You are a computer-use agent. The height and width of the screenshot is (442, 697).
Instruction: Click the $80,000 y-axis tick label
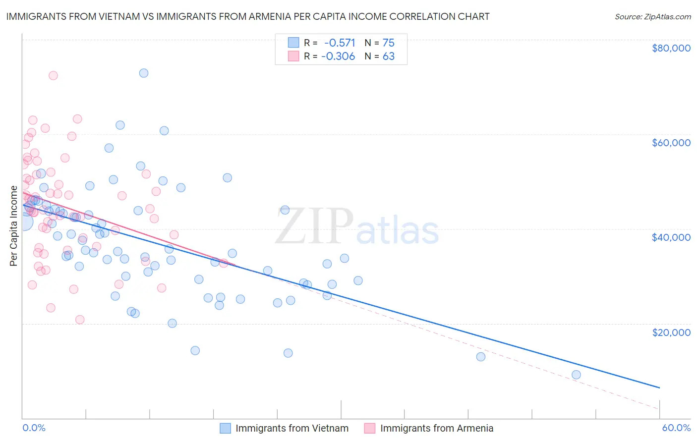click(x=671, y=48)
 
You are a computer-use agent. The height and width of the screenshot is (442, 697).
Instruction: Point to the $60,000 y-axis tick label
click(x=671, y=143)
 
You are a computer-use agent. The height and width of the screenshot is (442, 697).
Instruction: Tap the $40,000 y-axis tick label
click(x=671, y=237)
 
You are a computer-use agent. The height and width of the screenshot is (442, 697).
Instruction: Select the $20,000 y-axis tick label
click(x=671, y=332)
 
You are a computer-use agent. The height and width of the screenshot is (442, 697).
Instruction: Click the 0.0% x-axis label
click(x=34, y=428)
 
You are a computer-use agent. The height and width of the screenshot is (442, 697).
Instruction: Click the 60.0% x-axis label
click(x=676, y=428)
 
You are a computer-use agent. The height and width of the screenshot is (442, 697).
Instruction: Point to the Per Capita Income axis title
click(x=14, y=225)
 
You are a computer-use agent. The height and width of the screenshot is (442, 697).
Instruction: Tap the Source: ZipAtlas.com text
click(x=652, y=16)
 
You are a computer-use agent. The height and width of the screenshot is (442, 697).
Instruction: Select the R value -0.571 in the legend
click(x=340, y=43)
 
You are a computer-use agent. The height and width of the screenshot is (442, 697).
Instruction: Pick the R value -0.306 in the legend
click(x=338, y=56)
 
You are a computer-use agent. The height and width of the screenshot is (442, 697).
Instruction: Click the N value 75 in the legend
click(x=388, y=43)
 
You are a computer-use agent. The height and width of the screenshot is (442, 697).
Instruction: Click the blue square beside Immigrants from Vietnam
click(x=226, y=428)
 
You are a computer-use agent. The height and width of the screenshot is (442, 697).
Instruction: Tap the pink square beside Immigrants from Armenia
click(x=370, y=428)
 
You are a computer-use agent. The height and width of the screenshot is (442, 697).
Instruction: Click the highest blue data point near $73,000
click(x=144, y=73)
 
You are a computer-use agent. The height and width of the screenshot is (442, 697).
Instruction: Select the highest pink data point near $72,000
click(x=53, y=75)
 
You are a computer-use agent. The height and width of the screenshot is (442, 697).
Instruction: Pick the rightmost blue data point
click(x=576, y=375)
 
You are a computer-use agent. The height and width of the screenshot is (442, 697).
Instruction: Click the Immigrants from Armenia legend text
click(x=437, y=428)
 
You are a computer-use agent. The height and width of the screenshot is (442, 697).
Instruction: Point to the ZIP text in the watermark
click(x=314, y=226)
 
